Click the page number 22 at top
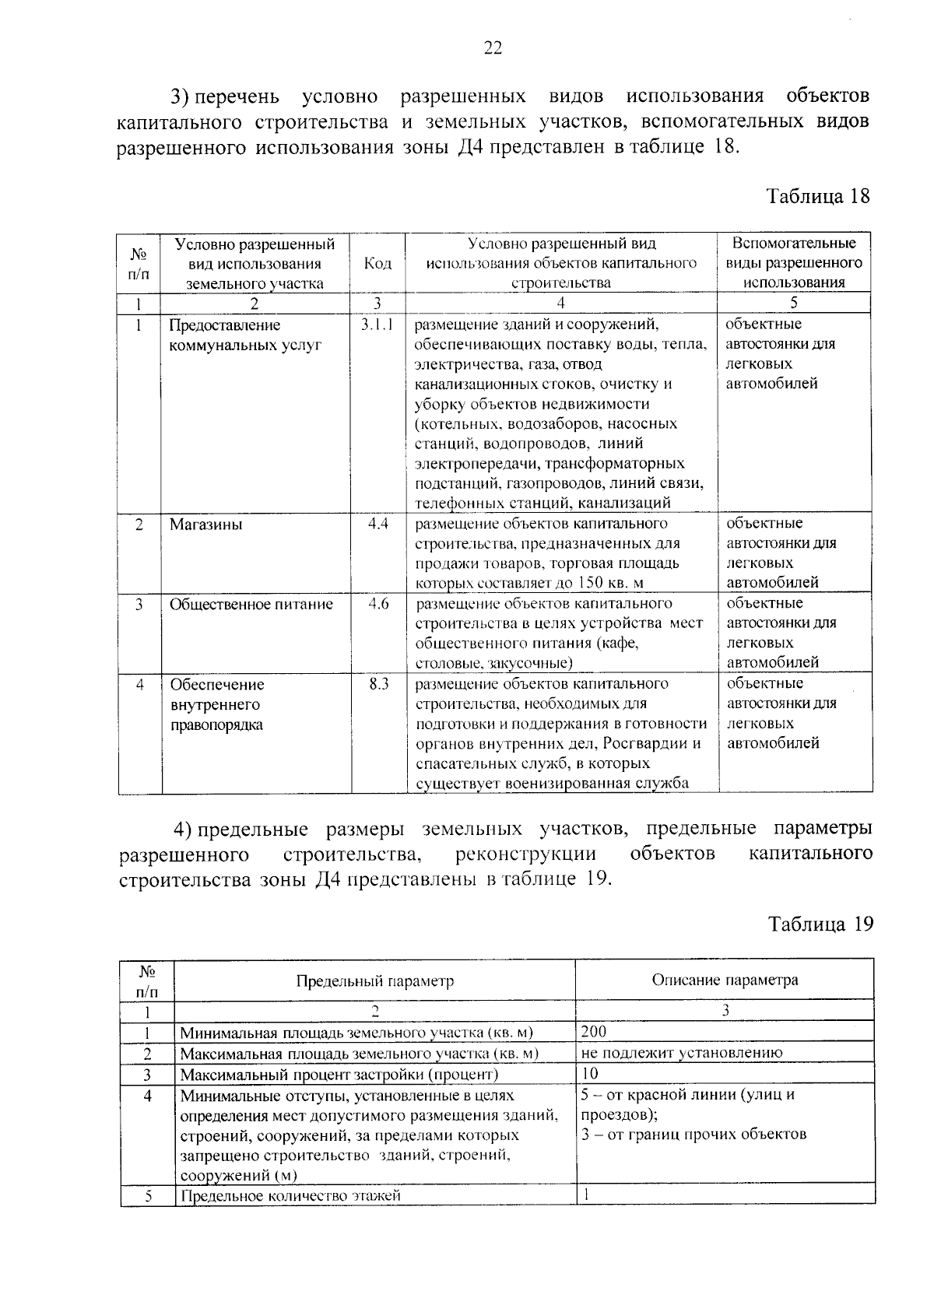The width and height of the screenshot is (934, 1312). click(x=493, y=48)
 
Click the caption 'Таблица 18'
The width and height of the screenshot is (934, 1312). click(x=818, y=195)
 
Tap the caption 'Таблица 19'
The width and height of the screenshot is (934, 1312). click(x=820, y=924)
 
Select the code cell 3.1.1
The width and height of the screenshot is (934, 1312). click(x=378, y=324)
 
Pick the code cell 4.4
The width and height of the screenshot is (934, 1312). click(x=378, y=524)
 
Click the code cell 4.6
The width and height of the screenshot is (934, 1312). click(x=378, y=604)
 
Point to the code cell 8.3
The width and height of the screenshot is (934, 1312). click(x=378, y=684)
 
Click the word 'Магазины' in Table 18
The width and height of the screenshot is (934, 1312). click(x=206, y=524)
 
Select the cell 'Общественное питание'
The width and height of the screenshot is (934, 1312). click(x=251, y=605)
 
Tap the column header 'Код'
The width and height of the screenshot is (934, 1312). click(x=377, y=264)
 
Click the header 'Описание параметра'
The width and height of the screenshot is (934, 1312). click(x=725, y=980)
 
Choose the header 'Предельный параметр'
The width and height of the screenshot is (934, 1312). click(x=374, y=980)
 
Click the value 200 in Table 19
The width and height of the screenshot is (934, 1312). click(x=594, y=1032)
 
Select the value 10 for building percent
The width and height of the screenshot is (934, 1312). click(x=590, y=1074)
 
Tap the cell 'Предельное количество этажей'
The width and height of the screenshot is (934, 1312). click(x=290, y=1195)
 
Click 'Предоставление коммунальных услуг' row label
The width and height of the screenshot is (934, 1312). click(x=244, y=335)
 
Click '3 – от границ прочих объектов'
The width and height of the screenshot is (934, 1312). click(x=693, y=1134)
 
